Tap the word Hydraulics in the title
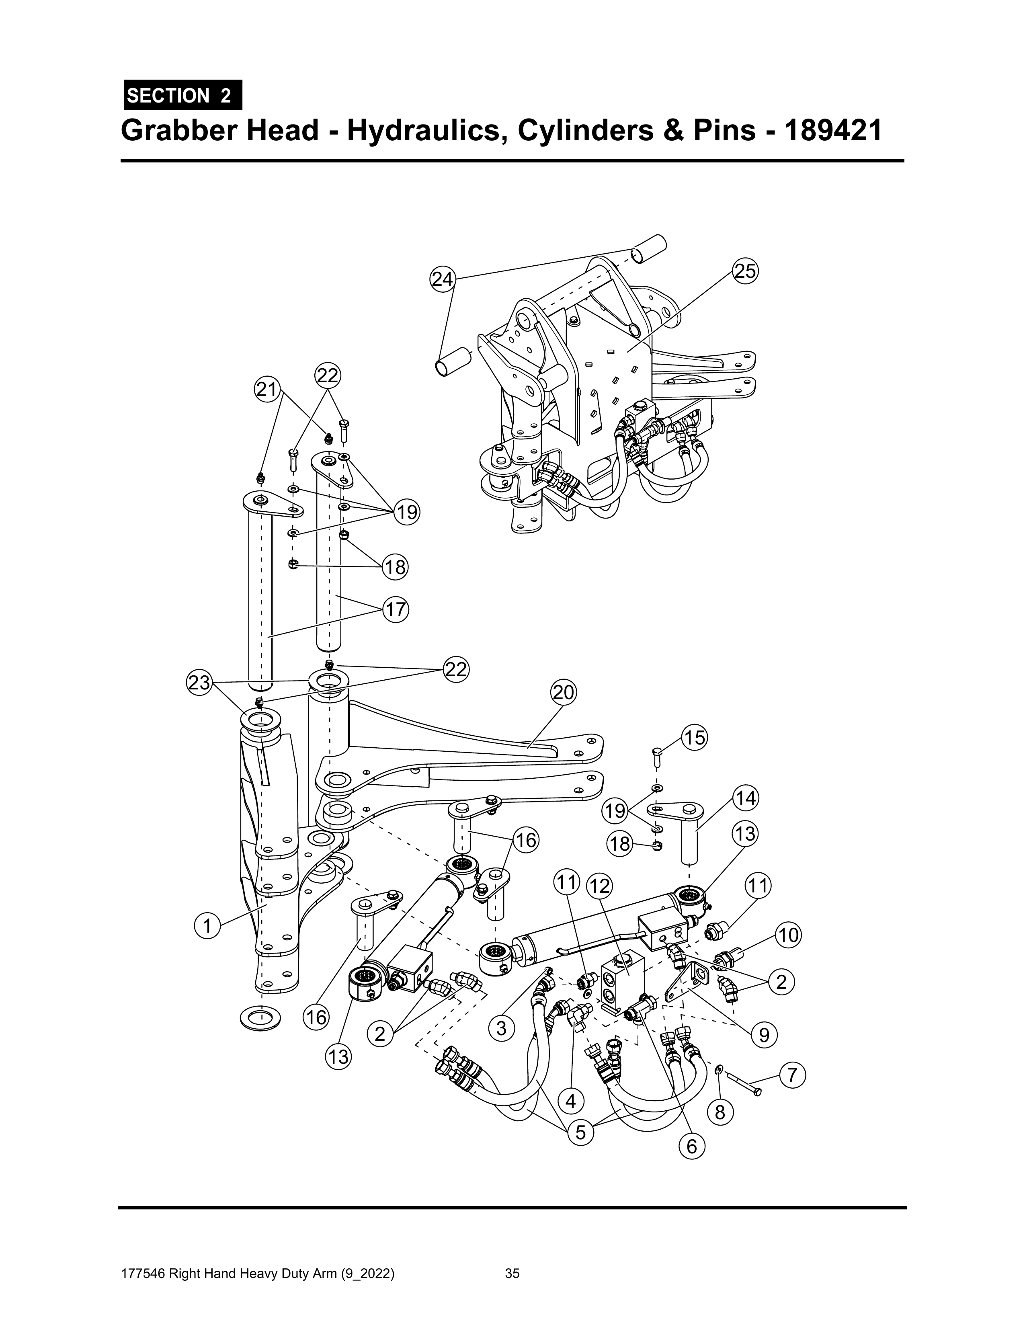[427, 131]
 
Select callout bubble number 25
[746, 271]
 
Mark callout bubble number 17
[395, 609]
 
